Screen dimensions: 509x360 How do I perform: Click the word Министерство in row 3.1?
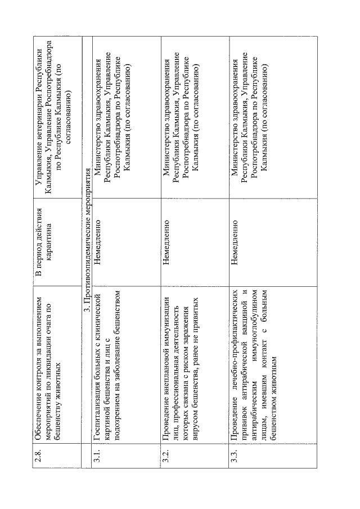pyautogui.click(x=97, y=151)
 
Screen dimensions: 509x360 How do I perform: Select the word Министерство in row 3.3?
pyautogui.click(x=235, y=151)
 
